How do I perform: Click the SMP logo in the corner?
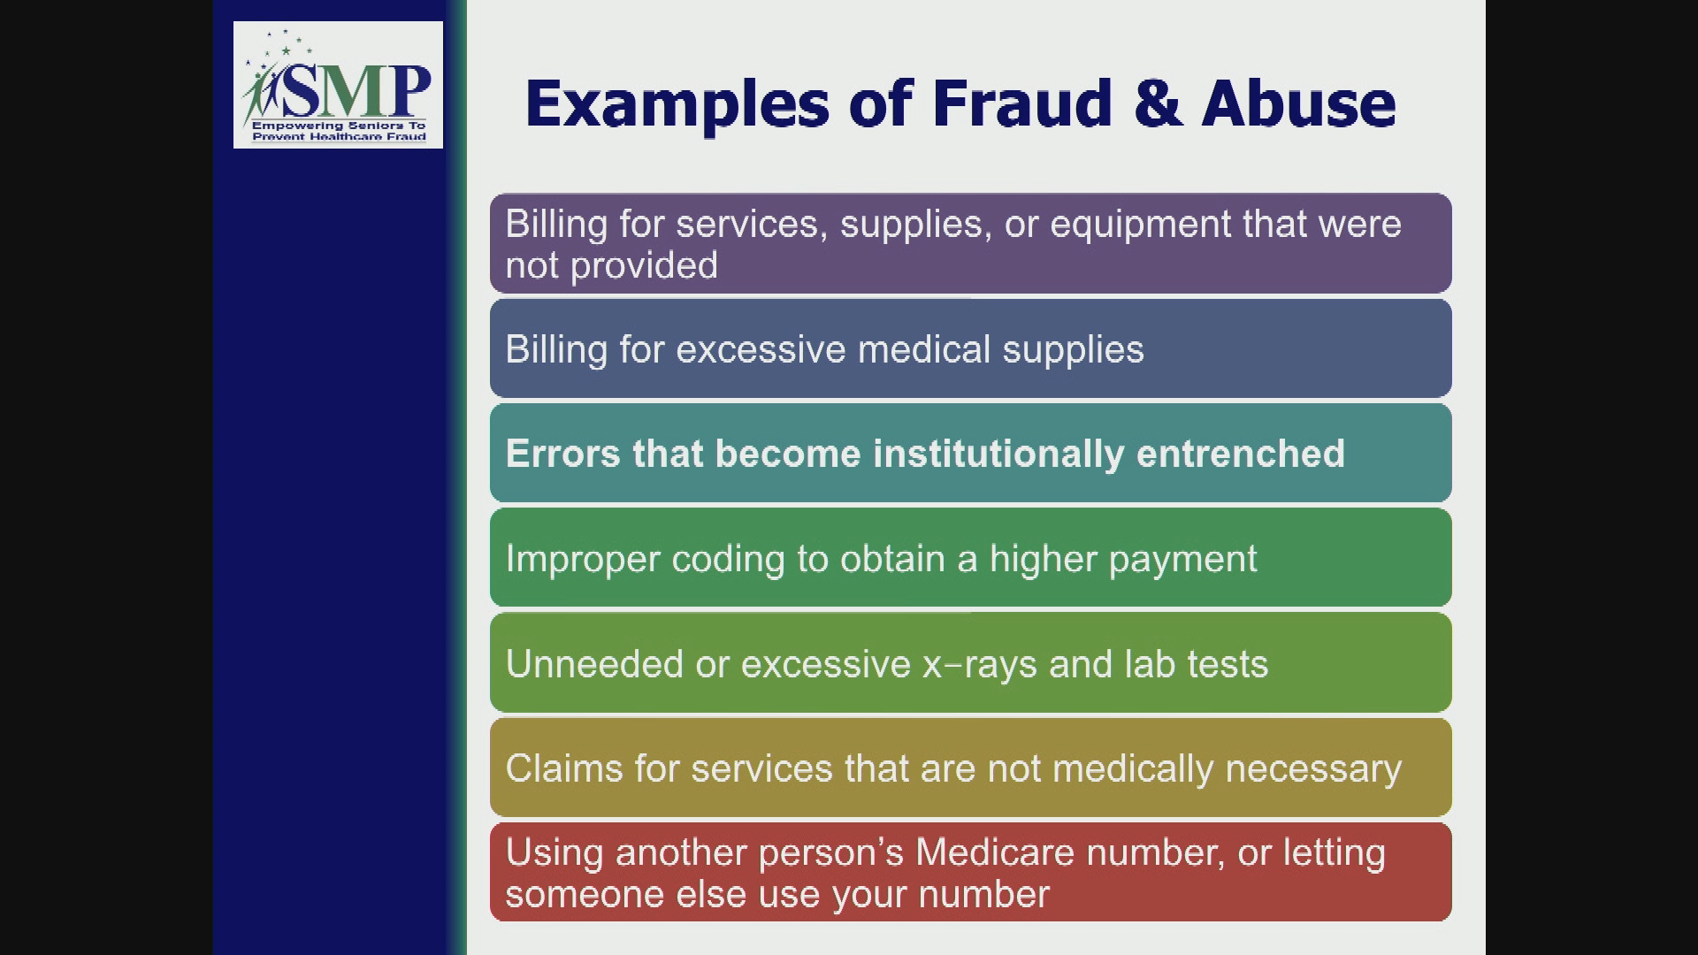[x=338, y=84]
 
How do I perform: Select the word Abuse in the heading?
[x=1298, y=103]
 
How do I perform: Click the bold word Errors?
[x=562, y=454]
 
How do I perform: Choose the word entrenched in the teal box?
[x=1240, y=454]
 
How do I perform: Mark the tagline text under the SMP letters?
[x=339, y=131]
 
